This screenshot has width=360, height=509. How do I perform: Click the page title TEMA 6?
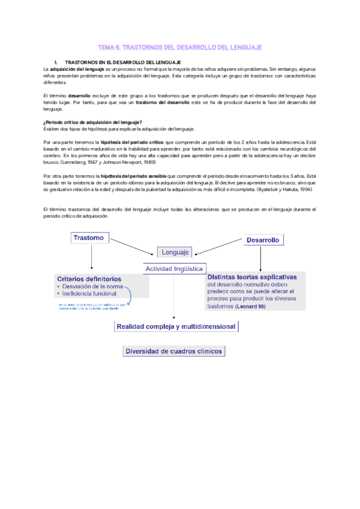click(x=179, y=47)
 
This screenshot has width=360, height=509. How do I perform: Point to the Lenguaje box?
click(x=175, y=252)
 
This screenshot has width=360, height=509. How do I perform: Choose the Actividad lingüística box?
click(x=175, y=269)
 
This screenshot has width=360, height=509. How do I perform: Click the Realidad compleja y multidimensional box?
click(x=176, y=327)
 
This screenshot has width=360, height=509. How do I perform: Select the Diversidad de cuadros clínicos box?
click(x=174, y=351)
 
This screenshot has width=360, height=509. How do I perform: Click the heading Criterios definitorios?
click(x=89, y=279)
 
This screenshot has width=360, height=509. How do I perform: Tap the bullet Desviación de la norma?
click(x=92, y=286)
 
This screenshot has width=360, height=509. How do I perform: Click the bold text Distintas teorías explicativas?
click(x=251, y=277)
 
